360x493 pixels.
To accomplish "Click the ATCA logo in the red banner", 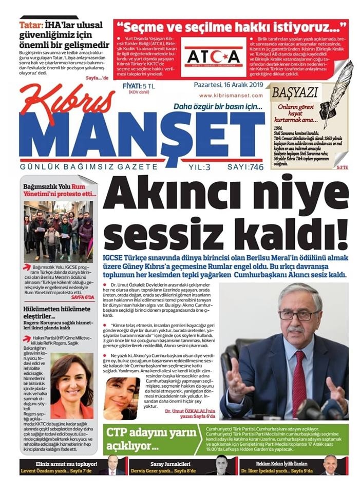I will tap(213, 56).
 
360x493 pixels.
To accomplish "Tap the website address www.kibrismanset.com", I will tap(231, 96).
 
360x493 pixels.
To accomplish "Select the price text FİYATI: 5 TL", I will tap(135, 86).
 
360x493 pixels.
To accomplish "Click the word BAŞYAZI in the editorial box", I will tap(295, 93).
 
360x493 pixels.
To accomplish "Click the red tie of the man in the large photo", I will tap(299, 377).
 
